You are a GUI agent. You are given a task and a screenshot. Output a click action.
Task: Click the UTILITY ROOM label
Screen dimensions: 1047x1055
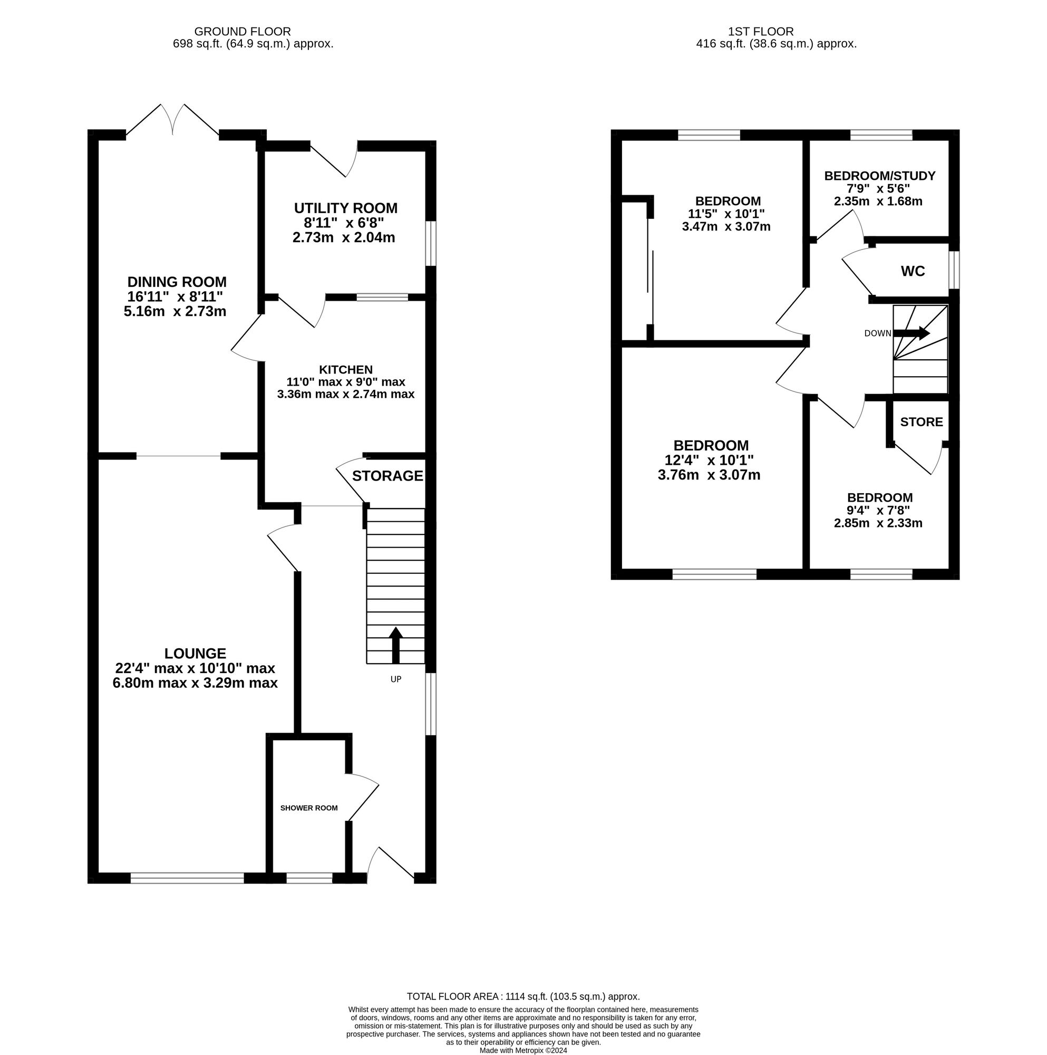tap(345, 208)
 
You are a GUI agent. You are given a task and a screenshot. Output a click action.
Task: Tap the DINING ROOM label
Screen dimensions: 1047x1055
tap(177, 282)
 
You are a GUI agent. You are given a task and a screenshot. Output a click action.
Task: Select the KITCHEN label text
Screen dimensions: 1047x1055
tap(345, 370)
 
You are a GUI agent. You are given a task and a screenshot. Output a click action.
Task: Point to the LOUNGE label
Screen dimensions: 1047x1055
tap(196, 653)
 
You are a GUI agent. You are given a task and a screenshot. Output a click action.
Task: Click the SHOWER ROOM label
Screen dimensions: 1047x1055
tap(309, 808)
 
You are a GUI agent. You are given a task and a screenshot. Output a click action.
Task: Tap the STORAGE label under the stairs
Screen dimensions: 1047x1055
tap(387, 476)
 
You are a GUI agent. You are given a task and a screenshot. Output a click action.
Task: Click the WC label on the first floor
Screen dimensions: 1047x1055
tap(913, 271)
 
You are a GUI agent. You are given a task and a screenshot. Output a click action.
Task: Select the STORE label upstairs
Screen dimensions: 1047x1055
tap(922, 421)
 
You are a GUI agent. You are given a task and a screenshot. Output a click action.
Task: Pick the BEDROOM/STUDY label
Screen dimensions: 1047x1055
tap(879, 176)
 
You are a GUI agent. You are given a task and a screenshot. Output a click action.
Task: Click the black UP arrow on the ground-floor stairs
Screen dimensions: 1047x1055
tap(396, 645)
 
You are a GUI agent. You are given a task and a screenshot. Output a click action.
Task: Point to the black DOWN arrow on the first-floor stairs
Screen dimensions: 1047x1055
tap(912, 332)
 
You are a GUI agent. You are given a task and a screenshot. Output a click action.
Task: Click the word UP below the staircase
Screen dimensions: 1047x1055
tap(396, 679)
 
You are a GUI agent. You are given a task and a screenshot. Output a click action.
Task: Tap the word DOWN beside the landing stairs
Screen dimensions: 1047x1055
tap(878, 333)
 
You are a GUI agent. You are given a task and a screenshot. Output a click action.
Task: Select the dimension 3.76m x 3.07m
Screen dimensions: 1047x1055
tap(709, 475)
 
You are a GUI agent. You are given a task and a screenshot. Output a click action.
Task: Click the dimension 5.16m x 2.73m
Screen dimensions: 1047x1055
tap(174, 311)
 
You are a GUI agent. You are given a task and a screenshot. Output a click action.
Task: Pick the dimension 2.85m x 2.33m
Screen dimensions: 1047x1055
tap(878, 523)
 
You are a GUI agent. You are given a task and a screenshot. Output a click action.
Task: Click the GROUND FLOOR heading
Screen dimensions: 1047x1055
tap(243, 32)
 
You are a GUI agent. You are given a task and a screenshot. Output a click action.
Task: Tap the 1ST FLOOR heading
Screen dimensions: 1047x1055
tap(760, 32)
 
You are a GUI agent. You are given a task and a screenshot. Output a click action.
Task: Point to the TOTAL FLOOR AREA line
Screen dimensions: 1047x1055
tap(523, 996)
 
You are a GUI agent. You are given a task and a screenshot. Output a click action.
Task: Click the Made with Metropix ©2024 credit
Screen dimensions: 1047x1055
tap(523, 1050)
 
